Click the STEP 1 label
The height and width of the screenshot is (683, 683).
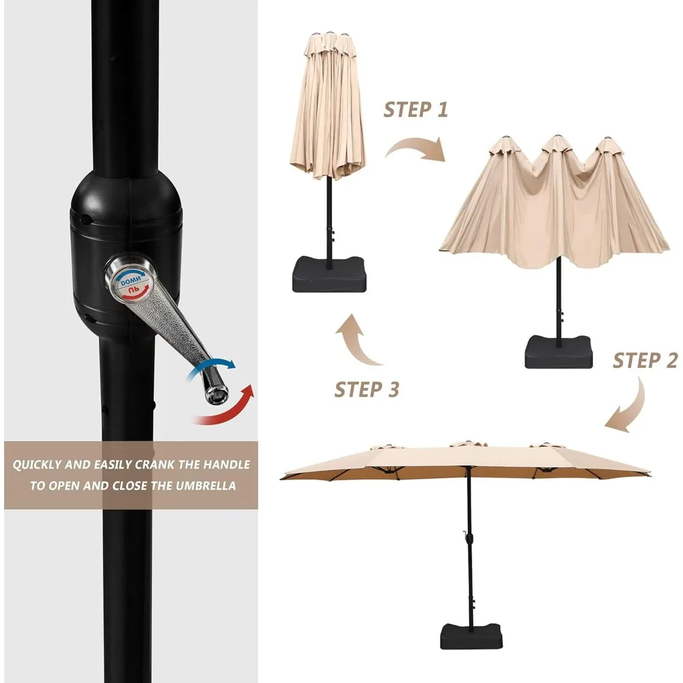[x=415, y=109]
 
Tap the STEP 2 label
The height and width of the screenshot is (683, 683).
[x=645, y=360]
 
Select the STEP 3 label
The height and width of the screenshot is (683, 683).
[x=367, y=389]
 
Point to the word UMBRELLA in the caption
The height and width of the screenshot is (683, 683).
[x=206, y=486]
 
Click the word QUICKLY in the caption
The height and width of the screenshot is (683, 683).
[x=37, y=465]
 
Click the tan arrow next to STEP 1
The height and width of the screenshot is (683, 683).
[x=416, y=148]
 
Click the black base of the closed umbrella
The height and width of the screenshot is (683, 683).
[x=329, y=274]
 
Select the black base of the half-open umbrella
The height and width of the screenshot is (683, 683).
[x=559, y=352]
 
